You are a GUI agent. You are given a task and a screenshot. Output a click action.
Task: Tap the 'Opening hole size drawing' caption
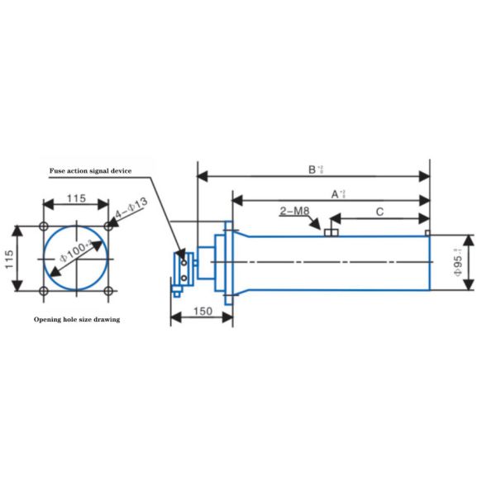(76, 319)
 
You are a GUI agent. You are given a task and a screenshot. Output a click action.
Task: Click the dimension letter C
(379, 212)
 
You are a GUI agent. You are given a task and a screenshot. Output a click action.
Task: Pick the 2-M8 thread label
(294, 213)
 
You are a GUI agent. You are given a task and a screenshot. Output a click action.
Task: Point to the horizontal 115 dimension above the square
(76, 198)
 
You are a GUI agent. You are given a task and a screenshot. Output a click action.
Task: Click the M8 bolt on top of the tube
(332, 232)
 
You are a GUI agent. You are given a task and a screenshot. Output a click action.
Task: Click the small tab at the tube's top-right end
(427, 233)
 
